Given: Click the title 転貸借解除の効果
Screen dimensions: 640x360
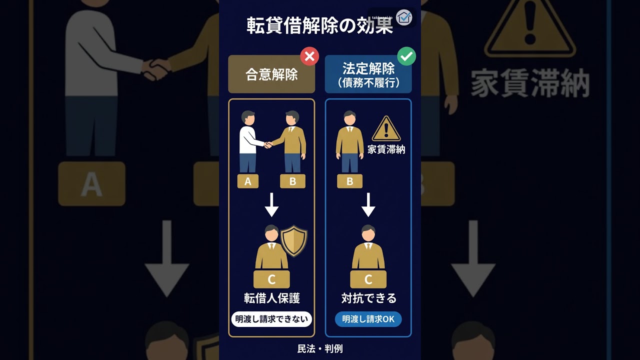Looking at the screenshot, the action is (319, 25).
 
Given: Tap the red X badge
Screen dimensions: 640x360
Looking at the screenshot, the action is (309, 56).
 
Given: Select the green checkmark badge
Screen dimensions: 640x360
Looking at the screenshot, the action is (406, 56).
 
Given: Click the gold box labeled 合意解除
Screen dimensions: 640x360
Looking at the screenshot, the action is (271, 74).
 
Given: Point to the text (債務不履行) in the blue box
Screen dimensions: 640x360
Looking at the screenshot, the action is (368, 83).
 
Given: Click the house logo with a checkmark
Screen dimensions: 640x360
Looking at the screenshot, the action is (404, 17).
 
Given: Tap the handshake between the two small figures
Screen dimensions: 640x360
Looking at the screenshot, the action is (268, 145).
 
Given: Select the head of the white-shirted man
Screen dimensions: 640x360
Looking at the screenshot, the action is (248, 117).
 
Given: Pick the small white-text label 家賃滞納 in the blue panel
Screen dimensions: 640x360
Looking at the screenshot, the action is (386, 149).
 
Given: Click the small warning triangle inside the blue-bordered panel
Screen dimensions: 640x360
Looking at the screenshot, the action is (386, 128).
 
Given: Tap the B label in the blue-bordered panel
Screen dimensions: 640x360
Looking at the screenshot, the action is (349, 181).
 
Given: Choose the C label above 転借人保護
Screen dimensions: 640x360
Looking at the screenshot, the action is (271, 279).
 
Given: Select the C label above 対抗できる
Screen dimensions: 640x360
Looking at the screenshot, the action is (368, 279).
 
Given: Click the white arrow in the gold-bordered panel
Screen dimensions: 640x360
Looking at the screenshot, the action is (271, 204).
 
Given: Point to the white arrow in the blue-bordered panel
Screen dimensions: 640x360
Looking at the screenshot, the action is (368, 204).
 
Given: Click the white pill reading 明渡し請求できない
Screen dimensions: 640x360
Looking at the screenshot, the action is (271, 319).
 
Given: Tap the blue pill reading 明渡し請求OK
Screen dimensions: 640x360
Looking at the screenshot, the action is (368, 319).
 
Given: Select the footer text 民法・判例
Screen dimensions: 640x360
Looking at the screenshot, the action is (319, 348).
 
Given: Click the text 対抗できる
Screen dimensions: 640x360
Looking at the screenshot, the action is (368, 298).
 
